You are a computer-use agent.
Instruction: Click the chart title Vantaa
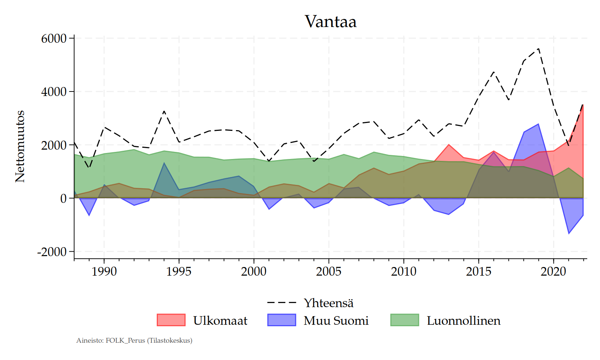tap(330, 22)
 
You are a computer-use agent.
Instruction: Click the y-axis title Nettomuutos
tap(20, 146)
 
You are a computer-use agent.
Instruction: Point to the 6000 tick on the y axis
tap(54, 38)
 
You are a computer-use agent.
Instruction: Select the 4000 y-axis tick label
tap(54, 91)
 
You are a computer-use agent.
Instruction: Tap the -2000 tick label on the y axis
tap(52, 252)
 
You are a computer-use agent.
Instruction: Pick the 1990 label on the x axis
tap(104, 271)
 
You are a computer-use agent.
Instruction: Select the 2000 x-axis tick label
tap(254, 271)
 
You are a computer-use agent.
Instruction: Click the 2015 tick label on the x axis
tap(478, 271)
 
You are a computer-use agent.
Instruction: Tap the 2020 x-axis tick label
tap(553, 271)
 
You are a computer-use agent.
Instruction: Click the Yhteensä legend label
tap(328, 303)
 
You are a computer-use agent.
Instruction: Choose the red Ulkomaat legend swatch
tap(171, 320)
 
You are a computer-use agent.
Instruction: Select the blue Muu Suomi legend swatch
tap(282, 320)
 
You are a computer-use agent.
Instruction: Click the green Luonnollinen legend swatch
tap(405, 320)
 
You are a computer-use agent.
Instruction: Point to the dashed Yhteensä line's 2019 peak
tap(539, 48)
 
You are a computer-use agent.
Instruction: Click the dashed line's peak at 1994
tap(164, 111)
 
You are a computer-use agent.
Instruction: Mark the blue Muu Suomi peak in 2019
tap(538, 124)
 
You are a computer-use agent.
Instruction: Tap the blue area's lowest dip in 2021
tap(569, 233)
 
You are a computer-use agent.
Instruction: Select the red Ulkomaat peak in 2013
tap(449, 145)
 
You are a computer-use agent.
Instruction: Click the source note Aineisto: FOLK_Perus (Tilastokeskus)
tap(134, 340)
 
